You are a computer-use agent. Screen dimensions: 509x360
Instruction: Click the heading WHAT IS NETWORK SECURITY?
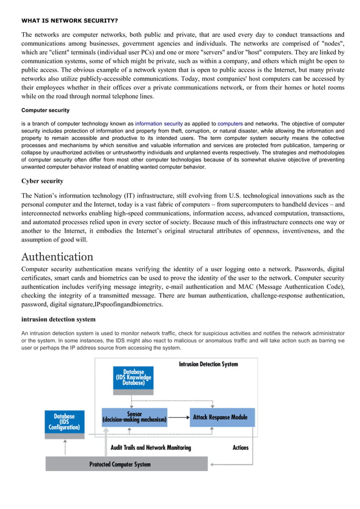coord(69,20)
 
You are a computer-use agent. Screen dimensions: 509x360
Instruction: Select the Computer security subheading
coord(46,110)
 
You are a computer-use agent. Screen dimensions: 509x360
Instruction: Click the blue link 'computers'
coord(230,123)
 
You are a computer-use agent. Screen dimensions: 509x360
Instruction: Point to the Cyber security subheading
coord(42,181)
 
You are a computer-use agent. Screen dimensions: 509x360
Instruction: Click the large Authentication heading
coord(58,257)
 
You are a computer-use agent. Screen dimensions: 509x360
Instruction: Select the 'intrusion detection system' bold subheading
coord(58,319)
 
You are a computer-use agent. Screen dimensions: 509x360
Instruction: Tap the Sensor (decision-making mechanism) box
coord(134,417)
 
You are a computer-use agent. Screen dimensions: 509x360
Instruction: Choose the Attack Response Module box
coord(220,417)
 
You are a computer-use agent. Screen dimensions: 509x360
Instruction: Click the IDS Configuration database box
coord(64,422)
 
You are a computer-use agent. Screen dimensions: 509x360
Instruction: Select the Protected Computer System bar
coord(120,464)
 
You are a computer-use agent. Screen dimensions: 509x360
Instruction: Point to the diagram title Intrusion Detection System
coord(208,364)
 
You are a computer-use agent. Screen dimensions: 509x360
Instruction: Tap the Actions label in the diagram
coord(240,447)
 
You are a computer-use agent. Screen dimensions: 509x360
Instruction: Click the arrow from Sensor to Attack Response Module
coord(178,418)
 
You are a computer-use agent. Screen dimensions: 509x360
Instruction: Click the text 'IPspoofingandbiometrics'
coord(128,304)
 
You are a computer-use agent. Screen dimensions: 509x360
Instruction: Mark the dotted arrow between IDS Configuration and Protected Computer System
coord(64,447)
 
